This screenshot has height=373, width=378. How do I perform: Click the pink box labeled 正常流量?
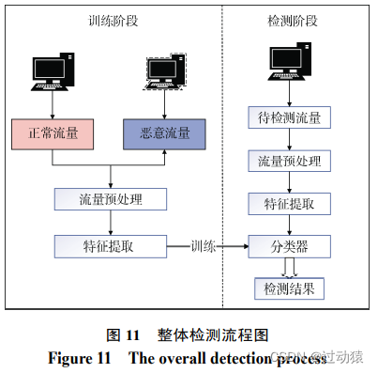(x=53, y=132)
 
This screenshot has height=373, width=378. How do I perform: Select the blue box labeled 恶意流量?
(x=164, y=132)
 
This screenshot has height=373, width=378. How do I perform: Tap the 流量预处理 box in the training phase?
(x=112, y=200)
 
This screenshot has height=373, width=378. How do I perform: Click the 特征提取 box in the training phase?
(x=112, y=246)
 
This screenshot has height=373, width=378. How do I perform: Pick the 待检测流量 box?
(x=290, y=118)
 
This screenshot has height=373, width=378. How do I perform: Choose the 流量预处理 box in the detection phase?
(x=290, y=162)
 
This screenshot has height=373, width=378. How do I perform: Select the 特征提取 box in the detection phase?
(x=290, y=204)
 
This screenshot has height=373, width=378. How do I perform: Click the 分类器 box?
(x=290, y=246)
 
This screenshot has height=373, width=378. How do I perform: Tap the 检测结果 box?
(x=290, y=288)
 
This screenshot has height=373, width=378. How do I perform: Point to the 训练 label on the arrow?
(x=204, y=246)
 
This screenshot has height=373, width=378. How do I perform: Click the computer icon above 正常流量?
(x=53, y=70)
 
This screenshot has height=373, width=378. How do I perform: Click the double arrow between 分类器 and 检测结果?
(x=290, y=267)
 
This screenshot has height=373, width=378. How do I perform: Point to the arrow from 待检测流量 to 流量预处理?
(x=290, y=140)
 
